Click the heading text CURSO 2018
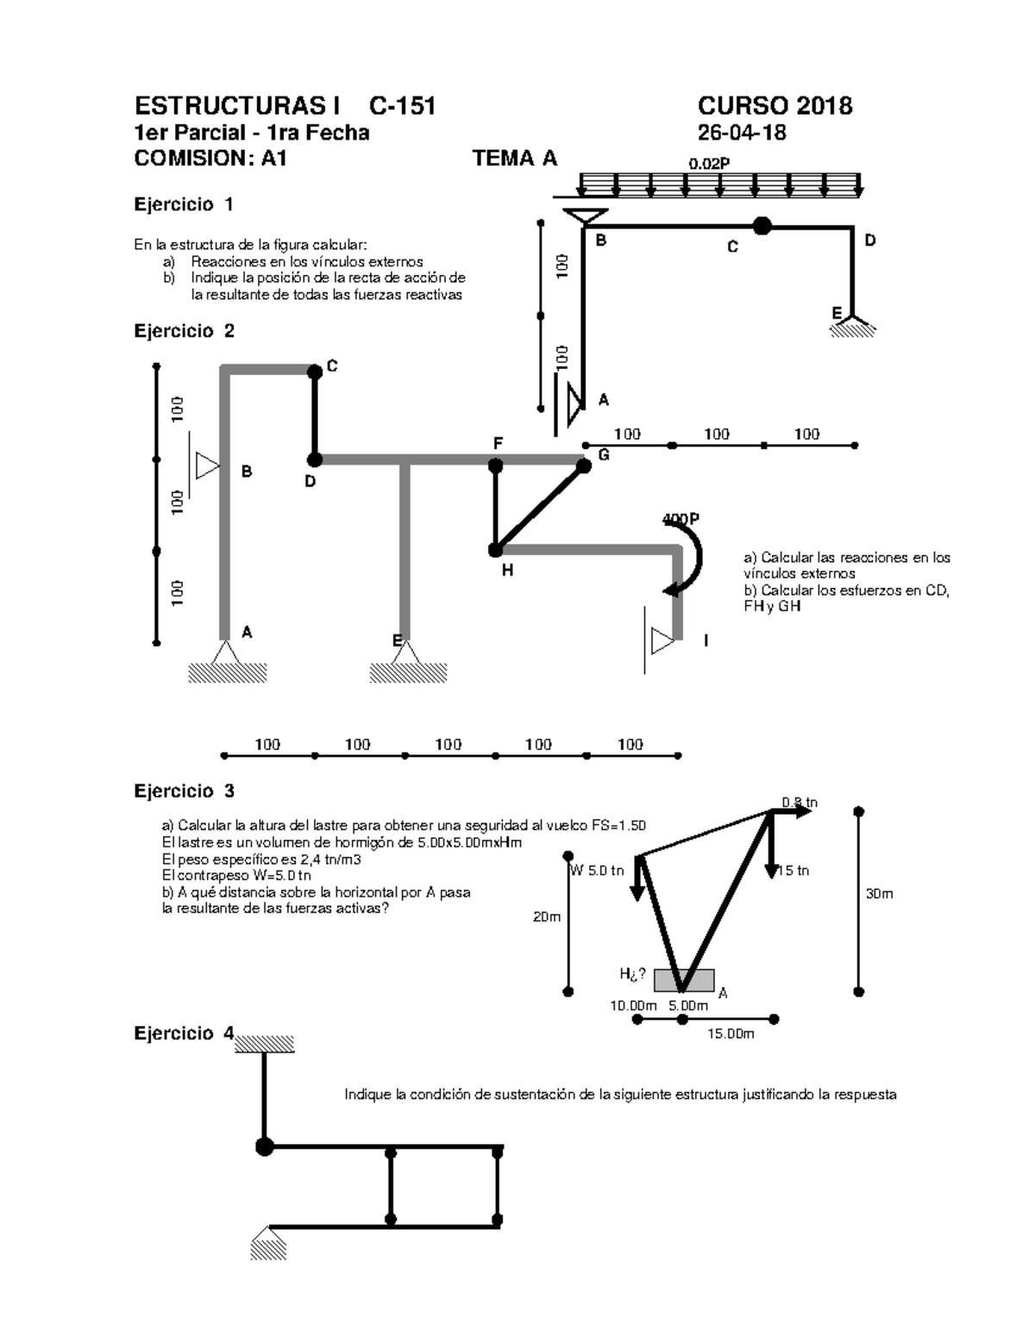775,106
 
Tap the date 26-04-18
741,133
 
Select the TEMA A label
515,159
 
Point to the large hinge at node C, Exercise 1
762,226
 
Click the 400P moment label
681,519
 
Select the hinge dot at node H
496,549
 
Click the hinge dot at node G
584,466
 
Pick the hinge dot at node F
496,466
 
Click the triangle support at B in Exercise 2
207,466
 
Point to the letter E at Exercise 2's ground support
397,640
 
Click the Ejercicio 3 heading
185,791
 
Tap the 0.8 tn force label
800,803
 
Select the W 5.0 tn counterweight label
597,870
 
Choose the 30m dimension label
880,894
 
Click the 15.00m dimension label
731,1034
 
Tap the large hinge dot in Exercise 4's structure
265,1147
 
